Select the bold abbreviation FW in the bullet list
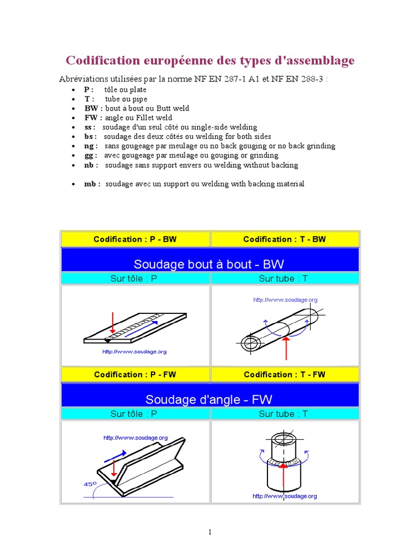tap(90, 118)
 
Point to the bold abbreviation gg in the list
tap(89, 155)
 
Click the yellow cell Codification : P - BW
tap(135, 239)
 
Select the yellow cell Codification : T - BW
tap(284, 239)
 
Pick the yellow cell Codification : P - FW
tap(135, 375)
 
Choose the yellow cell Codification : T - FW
tap(284, 375)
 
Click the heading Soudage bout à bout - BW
tap(209, 265)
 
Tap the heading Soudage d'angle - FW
tap(209, 400)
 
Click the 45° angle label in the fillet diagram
tap(90, 483)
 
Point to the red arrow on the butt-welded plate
tap(112, 323)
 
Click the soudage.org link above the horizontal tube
tap(285, 300)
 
